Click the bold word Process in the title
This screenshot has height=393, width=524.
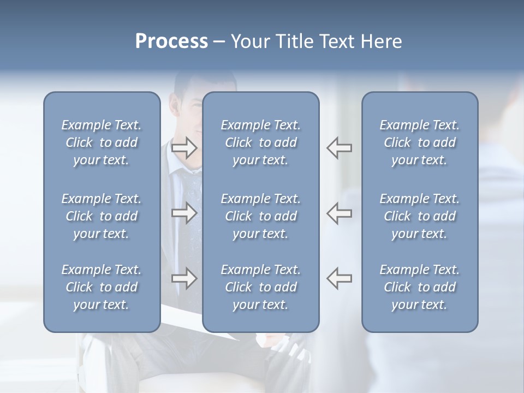[171, 41]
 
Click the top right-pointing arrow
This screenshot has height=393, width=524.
[184, 147]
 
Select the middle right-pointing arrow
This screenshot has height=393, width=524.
[184, 213]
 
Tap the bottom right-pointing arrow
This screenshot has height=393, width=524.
[184, 278]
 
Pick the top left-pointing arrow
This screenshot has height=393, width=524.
[339, 147]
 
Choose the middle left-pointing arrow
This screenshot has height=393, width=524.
[339, 213]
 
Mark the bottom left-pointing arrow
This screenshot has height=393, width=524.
[339, 278]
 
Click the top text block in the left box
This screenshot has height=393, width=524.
[102, 142]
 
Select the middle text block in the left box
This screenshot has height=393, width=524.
[102, 216]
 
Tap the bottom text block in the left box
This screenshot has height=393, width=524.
[102, 287]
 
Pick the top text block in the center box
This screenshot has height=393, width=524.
[260, 142]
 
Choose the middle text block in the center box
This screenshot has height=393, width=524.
[260, 216]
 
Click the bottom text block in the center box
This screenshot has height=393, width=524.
[260, 287]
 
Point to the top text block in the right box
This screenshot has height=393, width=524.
[419, 142]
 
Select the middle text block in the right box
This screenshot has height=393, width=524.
[419, 216]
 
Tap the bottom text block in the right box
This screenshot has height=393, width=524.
[419, 287]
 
